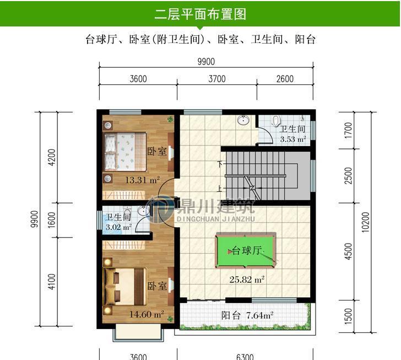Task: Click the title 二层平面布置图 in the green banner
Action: click(200, 14)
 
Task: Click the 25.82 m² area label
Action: click(247, 280)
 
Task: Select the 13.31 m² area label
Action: click(142, 180)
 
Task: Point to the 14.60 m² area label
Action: click(147, 315)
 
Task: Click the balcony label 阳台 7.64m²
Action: click(247, 316)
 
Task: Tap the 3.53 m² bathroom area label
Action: click(292, 139)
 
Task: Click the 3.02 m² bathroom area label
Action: click(118, 227)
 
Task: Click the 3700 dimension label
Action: click(217, 79)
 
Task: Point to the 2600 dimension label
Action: click(285, 79)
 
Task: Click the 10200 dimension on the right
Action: click(366, 222)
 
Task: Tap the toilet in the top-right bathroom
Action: click(276, 122)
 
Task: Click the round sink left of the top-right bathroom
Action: click(243, 121)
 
